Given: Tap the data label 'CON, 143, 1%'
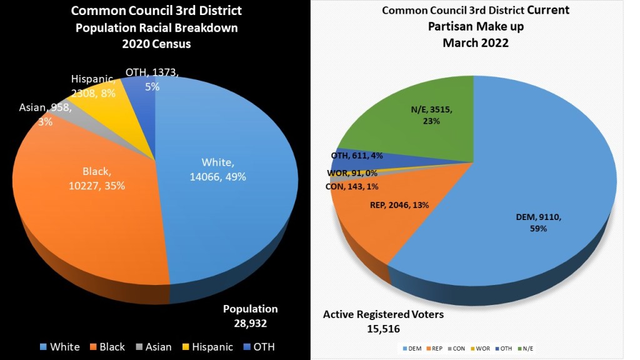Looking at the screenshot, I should click(x=352, y=186).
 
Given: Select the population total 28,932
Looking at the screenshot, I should click(x=251, y=322).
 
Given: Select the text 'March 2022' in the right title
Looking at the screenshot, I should click(x=475, y=42).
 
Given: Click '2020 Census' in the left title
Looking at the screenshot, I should click(x=156, y=44).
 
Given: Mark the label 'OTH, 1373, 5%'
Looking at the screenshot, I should click(x=152, y=79).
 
